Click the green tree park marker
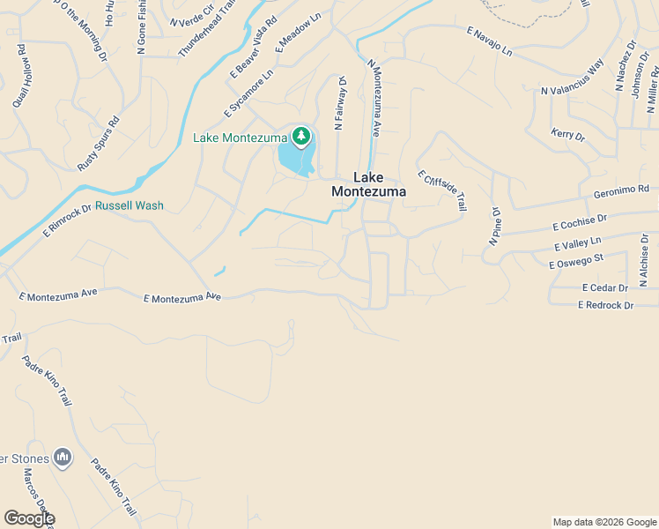coord(302,136)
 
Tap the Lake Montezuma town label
coord(368,183)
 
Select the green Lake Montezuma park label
coord(241,138)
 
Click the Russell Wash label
coord(130,205)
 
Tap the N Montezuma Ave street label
coord(374,98)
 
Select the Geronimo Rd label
coord(621,190)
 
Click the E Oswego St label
coord(575,261)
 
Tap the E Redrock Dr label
coord(605,305)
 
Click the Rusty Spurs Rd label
coord(98,145)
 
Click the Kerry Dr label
coord(567,135)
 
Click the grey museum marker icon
coord(63,457)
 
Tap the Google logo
coord(29,518)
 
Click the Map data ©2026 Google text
coord(603,522)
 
